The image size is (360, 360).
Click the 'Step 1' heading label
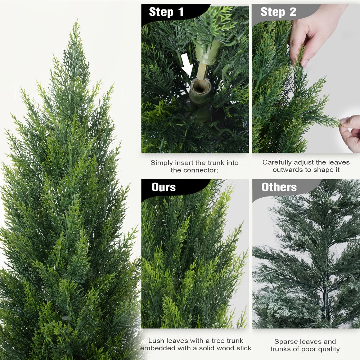point(166,12)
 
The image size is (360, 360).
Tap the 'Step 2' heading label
point(278,12)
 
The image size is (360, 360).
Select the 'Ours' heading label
point(163,187)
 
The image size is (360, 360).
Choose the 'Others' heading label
point(279,187)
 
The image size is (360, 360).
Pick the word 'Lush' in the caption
point(157,341)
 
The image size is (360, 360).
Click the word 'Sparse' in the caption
point(285,342)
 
